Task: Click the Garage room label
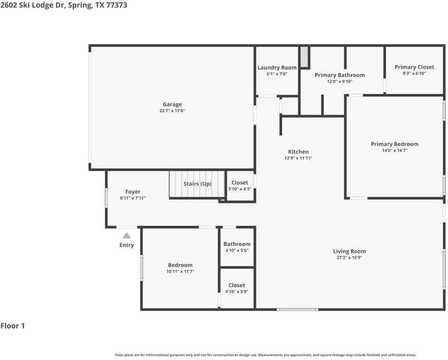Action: coord(172,104)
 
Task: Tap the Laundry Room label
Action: coord(277,68)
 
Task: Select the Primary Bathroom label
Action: coord(339,75)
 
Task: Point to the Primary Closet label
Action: coord(414,67)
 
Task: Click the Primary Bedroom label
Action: coord(394,144)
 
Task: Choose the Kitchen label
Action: coord(298,152)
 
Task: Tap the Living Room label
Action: coord(349,251)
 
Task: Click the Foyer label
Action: coord(133,192)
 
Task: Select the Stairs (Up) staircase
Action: coord(197,184)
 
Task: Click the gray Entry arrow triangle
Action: coord(126,235)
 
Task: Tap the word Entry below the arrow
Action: coord(126,245)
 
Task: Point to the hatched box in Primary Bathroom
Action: coord(304,57)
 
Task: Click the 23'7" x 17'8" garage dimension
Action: coord(172,111)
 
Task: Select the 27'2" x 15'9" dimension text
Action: coord(349,258)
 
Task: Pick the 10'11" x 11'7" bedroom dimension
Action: coord(180,272)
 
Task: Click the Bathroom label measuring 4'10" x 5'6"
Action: coord(237,244)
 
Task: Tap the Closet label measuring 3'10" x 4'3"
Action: coord(239,182)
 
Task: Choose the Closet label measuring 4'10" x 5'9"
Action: coord(237,285)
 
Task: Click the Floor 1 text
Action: coord(13,326)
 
